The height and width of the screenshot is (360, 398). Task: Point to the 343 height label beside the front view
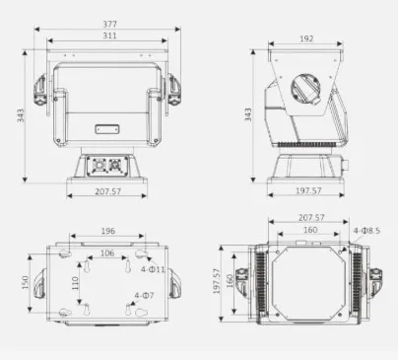click(x=21, y=115)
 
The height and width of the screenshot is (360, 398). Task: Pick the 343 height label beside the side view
click(x=250, y=115)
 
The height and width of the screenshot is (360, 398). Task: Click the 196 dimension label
click(x=107, y=232)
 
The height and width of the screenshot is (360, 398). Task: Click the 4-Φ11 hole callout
click(x=153, y=268)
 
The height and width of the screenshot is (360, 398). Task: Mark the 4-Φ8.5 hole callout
click(x=366, y=231)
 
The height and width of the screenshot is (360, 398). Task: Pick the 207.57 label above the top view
click(x=311, y=216)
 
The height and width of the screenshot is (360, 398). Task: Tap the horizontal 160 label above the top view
click(x=311, y=231)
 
